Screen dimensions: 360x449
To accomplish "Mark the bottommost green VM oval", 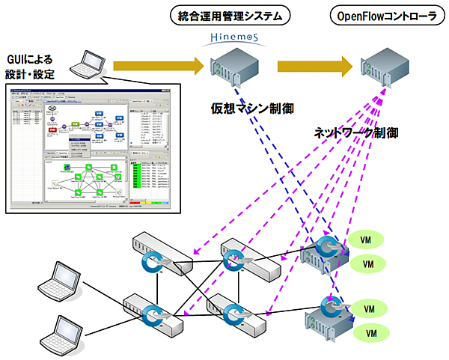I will (x=368, y=332).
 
